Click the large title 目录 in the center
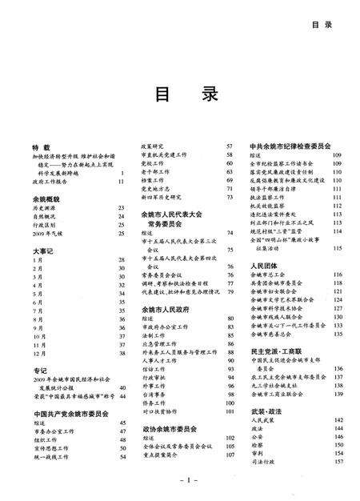tap(181, 94)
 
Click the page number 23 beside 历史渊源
tap(121, 207)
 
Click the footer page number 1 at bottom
tap(182, 481)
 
